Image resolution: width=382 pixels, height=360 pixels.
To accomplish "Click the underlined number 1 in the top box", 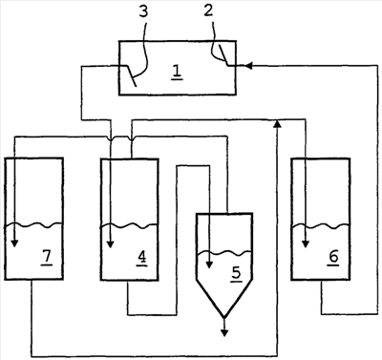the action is (x=177, y=71).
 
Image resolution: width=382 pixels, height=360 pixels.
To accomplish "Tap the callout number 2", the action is (x=208, y=11).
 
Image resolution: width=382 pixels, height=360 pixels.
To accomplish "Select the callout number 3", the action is (x=143, y=11).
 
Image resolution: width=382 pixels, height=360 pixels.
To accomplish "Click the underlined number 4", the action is (x=142, y=257).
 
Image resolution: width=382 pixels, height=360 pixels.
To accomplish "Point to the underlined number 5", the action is (x=236, y=273).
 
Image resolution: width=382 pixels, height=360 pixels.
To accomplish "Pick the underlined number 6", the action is (x=333, y=257).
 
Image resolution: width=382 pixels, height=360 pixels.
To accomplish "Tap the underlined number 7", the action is (x=47, y=257).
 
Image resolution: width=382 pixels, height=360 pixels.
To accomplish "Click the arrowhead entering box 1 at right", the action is (x=249, y=66).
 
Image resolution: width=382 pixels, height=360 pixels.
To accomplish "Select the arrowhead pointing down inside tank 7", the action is (x=14, y=244).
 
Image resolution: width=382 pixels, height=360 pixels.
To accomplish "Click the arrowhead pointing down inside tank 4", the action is (x=110, y=244).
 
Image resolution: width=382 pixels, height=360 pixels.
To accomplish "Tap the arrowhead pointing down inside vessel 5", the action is (x=209, y=265).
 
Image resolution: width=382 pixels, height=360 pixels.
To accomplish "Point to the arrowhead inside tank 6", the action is (x=306, y=244).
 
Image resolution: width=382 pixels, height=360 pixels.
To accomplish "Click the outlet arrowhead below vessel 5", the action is (x=224, y=332).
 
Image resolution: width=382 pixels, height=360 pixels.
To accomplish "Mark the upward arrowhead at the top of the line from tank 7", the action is (x=278, y=124).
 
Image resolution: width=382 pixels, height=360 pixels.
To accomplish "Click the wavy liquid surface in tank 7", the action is (x=33, y=225).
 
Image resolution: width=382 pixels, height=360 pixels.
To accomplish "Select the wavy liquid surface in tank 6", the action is (x=321, y=226).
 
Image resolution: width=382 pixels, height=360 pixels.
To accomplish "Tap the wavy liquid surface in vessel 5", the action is (x=224, y=253).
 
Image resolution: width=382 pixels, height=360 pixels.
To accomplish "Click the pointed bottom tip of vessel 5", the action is (x=224, y=317).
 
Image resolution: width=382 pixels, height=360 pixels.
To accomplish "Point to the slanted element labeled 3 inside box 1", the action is (x=132, y=75).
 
